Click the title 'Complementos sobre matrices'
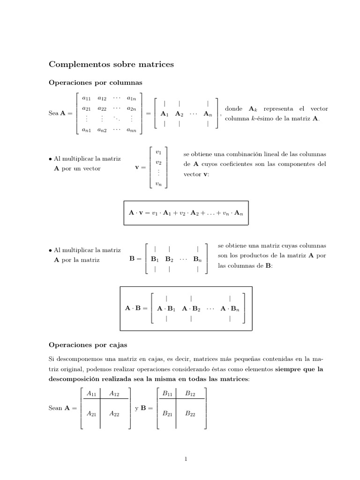pos(111,64)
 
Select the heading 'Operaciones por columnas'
pos(96,82)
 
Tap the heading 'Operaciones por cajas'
pos(88,345)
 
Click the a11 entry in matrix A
pos(87,98)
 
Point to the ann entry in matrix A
pos(132,131)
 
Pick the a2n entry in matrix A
pos(132,108)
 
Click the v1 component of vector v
pos(158,152)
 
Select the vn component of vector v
pos(158,184)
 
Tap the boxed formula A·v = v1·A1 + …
pos(186,213)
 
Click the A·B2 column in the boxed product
pos(191,308)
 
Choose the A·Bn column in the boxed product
pos(230,308)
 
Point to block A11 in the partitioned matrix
pos(92,394)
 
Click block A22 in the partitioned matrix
pos(114,413)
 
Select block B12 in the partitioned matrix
pos(190,394)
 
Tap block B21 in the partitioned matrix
pos(167,413)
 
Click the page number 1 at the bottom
pos(186,459)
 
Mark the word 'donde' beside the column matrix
pos(233,109)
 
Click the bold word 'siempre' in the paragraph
pos(287,369)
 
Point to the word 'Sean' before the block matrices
pos(55,408)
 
